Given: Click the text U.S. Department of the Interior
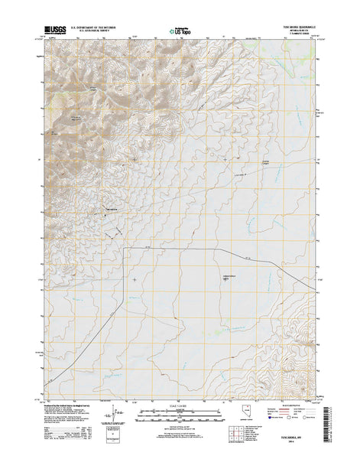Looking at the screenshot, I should tap(104, 27).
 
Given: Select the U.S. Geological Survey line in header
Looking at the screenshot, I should tap(104, 31).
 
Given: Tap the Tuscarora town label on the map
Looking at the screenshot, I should tap(111, 208).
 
